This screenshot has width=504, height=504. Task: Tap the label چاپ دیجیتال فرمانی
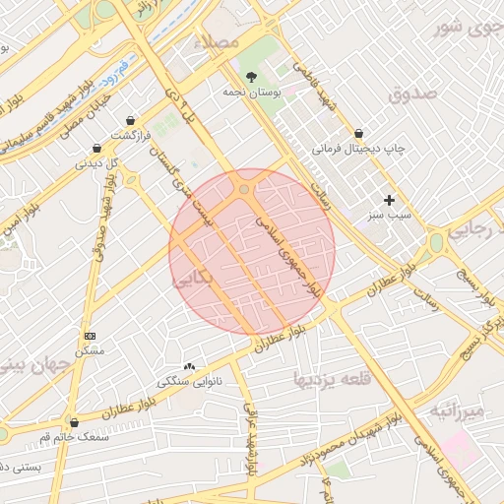pyautogui.click(x=358, y=149)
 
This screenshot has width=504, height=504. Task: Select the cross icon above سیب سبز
pyautogui.click(x=389, y=199)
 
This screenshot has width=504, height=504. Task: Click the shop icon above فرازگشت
pyautogui.click(x=130, y=120)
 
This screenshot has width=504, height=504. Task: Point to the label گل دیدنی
pyautogui.click(x=98, y=162)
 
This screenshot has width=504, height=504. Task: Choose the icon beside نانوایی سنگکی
pyautogui.click(x=189, y=365)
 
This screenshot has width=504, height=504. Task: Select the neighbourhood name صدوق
pyautogui.click(x=411, y=94)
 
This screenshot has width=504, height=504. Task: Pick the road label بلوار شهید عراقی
pyautogui.click(x=250, y=438)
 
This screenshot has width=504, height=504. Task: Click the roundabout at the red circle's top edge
pyautogui.click(x=243, y=187)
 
